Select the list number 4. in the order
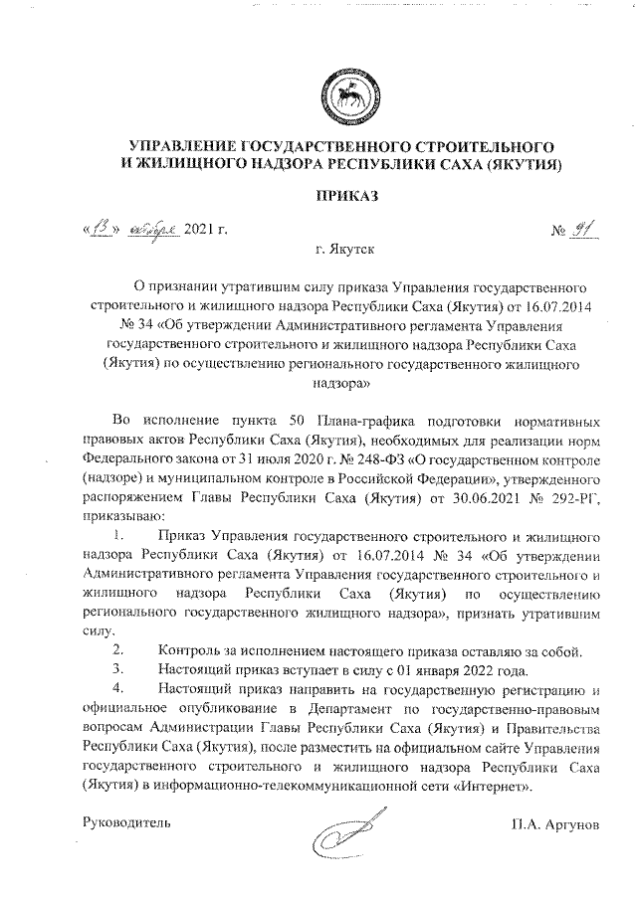coord(118,687)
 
